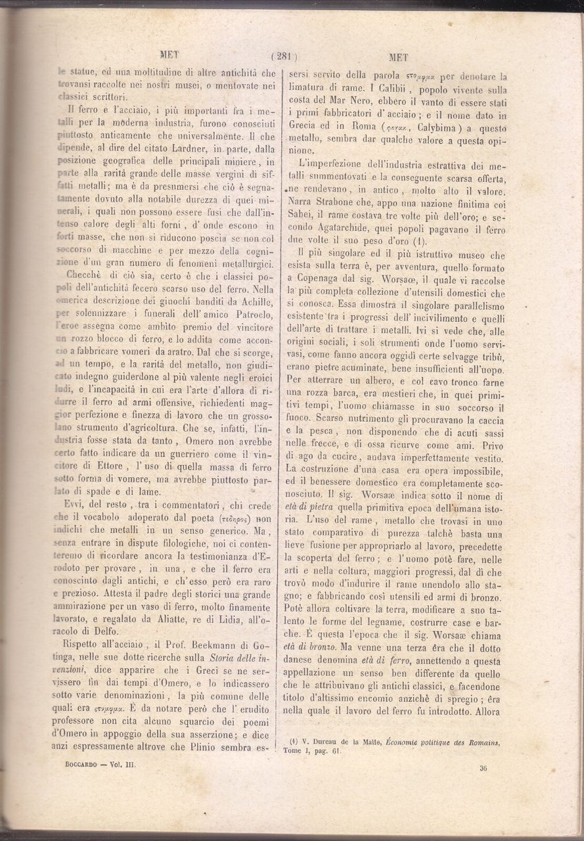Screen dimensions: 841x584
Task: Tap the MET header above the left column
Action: tap(169, 55)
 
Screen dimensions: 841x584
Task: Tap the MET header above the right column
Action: tap(400, 57)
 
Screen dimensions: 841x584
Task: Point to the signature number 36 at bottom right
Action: tap(483, 766)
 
